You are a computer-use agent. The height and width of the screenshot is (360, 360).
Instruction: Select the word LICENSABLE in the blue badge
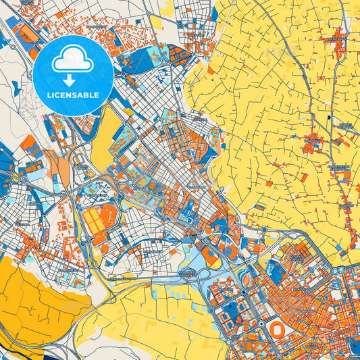coord(73,95)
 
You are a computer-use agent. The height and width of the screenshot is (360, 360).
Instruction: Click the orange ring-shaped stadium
coord(278,329)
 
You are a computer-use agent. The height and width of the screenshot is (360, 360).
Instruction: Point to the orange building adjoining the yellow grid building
coord(108,215)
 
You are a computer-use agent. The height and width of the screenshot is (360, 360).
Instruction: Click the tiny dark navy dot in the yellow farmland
coord(328,118)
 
